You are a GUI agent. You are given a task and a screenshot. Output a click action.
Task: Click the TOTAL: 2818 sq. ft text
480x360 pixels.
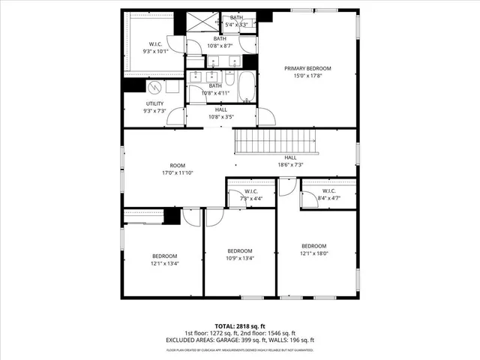240,326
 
